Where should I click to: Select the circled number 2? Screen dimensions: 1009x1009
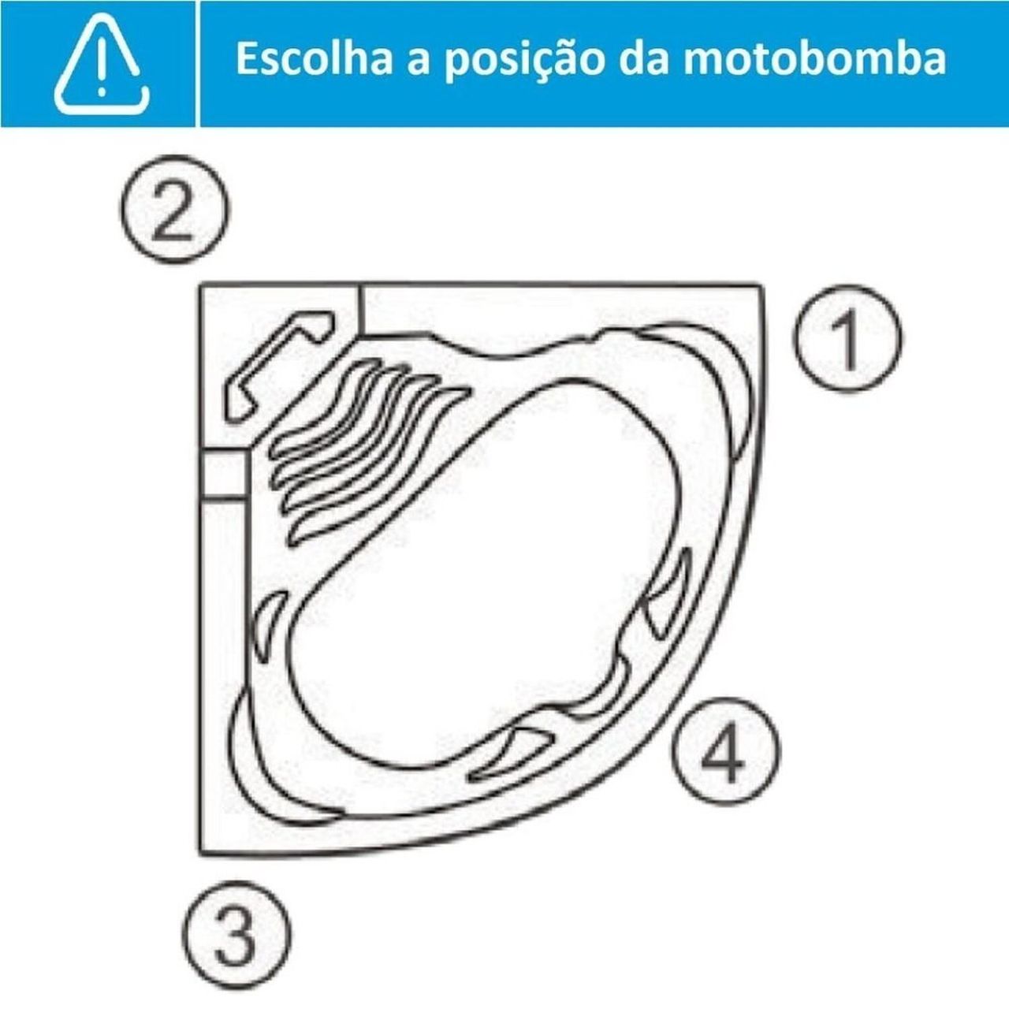click(x=174, y=209)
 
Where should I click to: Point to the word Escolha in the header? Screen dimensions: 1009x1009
click(x=314, y=59)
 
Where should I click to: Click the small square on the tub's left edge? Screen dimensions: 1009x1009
click(x=224, y=475)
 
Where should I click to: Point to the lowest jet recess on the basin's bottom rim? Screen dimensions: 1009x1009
click(x=511, y=758)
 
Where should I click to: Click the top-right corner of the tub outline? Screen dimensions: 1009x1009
click(x=763, y=286)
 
